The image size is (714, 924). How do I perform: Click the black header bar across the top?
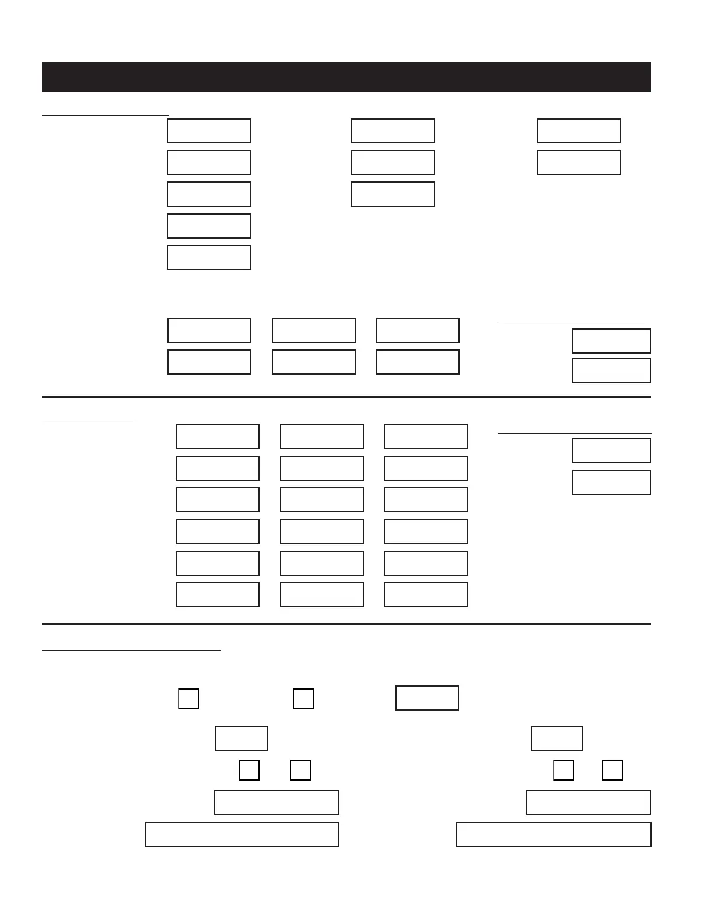tap(346, 77)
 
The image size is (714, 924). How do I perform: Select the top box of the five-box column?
tap(209, 131)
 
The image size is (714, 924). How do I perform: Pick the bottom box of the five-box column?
tap(209, 257)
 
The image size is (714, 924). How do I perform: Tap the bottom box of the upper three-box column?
tap(393, 194)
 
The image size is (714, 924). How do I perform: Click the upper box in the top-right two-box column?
tap(579, 131)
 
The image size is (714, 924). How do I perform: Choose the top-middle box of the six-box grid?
tap(314, 330)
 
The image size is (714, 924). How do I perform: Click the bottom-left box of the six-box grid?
tap(209, 362)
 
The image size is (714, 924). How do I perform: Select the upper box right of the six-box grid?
tap(611, 341)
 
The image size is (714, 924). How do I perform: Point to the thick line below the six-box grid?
tap(346, 397)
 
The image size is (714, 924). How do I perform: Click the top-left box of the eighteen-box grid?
tap(218, 436)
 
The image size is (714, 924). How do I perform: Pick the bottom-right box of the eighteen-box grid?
tap(426, 594)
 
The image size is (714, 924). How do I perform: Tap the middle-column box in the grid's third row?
tap(322, 499)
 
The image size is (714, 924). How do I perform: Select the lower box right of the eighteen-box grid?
tap(611, 482)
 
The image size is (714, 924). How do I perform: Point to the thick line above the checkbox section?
tap(346, 624)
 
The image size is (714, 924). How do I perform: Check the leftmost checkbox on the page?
tap(188, 698)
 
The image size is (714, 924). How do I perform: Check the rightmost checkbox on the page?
tap(612, 770)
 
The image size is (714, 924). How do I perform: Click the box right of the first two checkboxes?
tap(427, 698)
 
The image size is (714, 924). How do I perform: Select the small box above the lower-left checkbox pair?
tap(242, 738)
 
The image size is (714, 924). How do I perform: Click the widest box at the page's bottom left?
tap(242, 834)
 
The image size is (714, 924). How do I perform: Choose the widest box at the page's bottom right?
tap(554, 834)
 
